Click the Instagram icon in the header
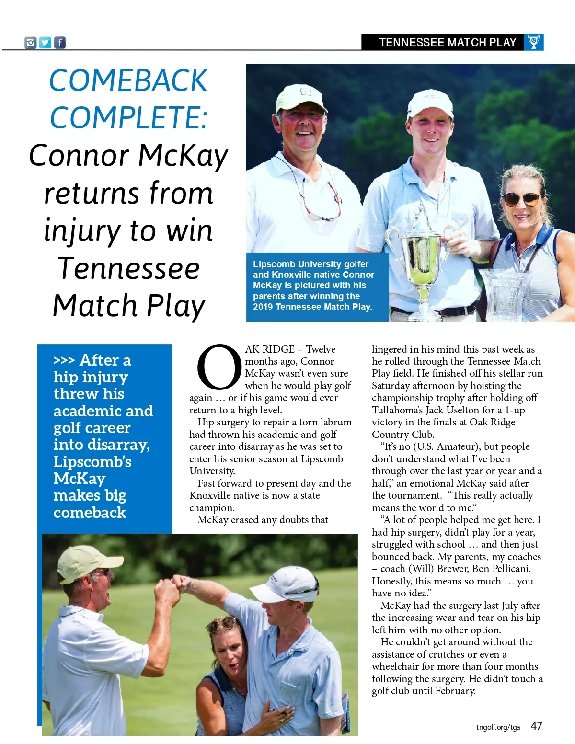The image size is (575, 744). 31,43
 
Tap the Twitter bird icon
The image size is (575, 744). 45,43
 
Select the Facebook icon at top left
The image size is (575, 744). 59,43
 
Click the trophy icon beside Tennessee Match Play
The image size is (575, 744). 533,42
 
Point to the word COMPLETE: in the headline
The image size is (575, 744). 129,118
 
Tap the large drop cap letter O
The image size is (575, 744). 219,368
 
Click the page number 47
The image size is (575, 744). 536,726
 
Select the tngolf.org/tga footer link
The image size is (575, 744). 498,727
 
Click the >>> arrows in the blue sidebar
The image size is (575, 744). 64,360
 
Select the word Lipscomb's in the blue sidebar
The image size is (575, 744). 92,462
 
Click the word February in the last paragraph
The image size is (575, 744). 454,691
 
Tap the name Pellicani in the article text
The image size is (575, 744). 508,569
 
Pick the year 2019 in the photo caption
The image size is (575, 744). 263,307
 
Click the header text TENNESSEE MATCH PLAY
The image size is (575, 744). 448,43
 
